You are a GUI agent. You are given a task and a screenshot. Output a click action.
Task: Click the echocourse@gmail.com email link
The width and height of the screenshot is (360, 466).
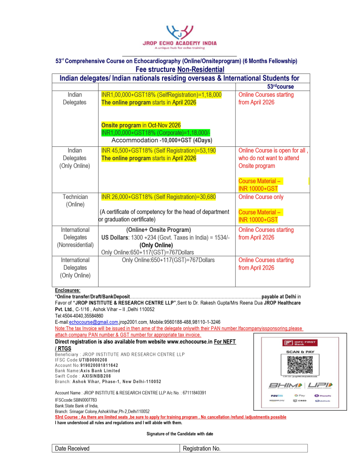pos(94,322)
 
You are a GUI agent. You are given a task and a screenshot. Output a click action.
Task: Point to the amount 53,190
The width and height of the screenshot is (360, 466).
pos(206,150)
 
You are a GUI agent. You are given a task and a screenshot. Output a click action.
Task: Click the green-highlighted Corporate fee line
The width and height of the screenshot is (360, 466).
pos(156,132)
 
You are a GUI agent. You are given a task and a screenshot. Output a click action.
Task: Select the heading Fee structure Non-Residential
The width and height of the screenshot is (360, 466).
pos(180,69)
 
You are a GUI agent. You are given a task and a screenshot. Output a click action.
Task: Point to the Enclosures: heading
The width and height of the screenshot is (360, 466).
pos(67,291)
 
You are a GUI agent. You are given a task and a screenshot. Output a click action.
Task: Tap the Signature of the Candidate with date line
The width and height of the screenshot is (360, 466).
pos(180,434)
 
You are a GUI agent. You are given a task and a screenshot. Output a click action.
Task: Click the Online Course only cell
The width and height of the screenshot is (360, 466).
pos(261,197)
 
